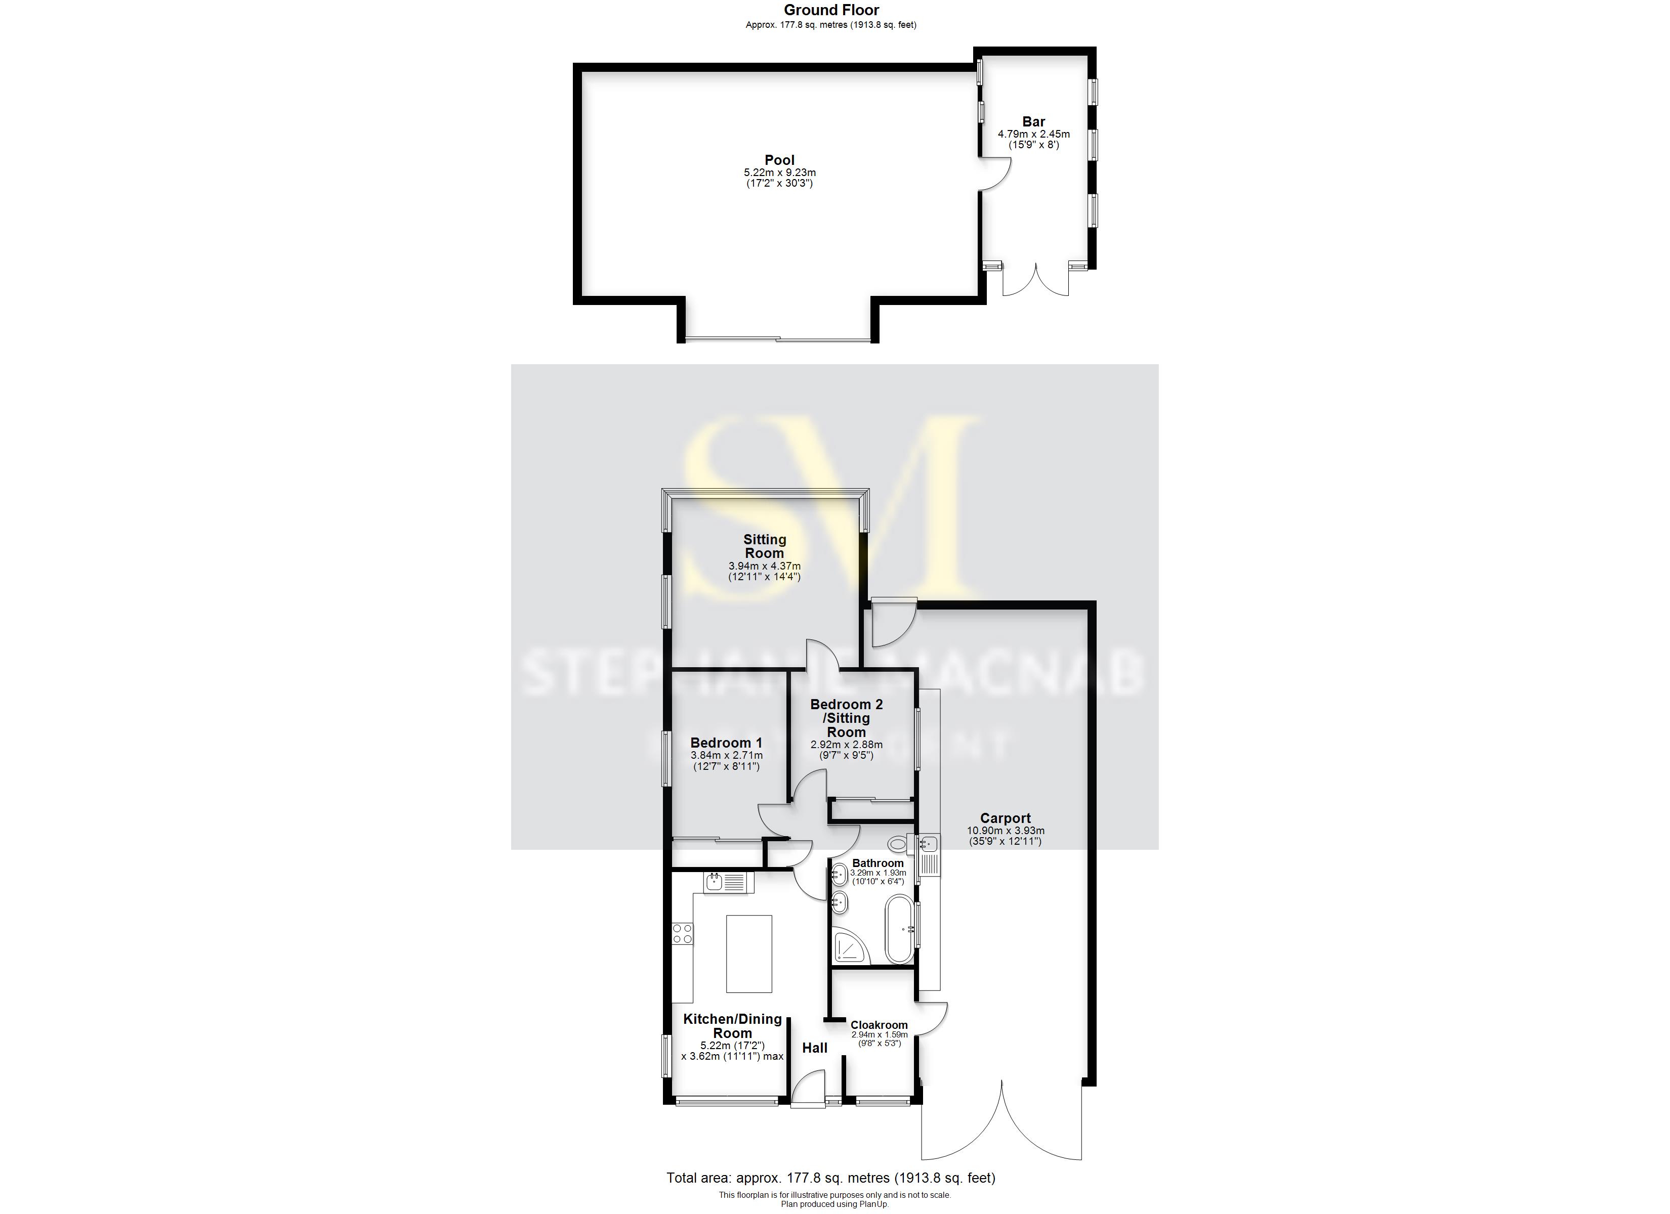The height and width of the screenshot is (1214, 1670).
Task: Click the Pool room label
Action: (779, 160)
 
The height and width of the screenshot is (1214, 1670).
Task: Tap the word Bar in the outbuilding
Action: (1033, 121)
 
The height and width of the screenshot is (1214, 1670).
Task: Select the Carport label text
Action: (1005, 818)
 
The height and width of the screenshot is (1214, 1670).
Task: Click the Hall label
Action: (814, 1048)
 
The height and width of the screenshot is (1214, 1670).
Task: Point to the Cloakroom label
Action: (879, 1025)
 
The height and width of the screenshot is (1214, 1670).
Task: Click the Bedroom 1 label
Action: (726, 743)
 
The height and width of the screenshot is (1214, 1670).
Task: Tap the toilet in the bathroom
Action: (898, 844)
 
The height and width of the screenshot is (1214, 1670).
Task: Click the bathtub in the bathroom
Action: (898, 929)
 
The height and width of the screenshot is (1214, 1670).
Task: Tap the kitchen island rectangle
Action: (749, 954)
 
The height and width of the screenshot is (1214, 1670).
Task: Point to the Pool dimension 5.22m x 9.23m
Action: (779, 173)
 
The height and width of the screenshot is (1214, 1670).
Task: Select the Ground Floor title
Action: (831, 10)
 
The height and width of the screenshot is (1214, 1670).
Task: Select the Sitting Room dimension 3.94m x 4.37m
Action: (764, 566)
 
